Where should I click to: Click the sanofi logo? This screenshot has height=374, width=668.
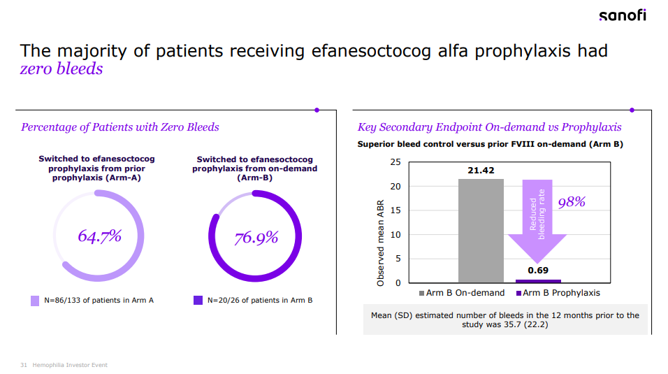[x=622, y=15]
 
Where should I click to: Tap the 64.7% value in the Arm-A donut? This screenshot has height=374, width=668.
[x=99, y=236]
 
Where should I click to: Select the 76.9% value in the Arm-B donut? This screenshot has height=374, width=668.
[x=256, y=238]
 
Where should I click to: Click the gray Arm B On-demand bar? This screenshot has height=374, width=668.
[x=481, y=231]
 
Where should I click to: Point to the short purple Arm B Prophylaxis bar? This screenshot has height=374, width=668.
[x=537, y=281]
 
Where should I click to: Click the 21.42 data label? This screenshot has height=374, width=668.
[x=481, y=171]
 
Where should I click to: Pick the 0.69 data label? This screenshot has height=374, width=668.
[x=537, y=270]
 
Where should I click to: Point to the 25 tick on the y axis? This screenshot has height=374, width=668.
[x=395, y=162]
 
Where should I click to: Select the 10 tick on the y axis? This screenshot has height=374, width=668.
[x=395, y=235]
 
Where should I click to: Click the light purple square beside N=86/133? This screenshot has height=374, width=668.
[x=35, y=301]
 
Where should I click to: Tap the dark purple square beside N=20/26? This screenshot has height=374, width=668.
[x=198, y=301]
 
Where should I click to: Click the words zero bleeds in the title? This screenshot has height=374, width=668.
[x=61, y=69]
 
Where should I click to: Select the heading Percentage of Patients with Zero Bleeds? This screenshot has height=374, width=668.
[x=120, y=127]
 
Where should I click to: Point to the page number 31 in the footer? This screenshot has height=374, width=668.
[x=24, y=365]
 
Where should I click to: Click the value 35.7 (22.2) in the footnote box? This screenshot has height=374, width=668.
[x=527, y=324]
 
